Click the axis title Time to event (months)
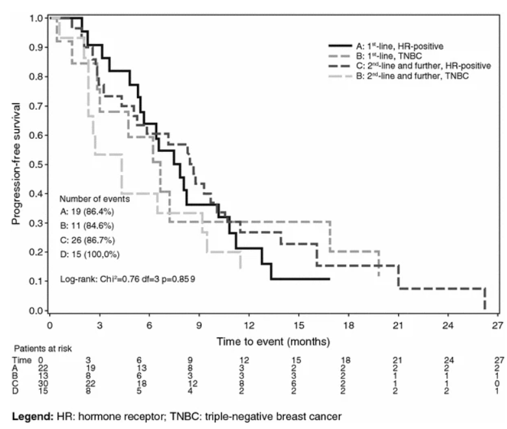click(273, 341)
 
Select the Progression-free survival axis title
click(16, 164)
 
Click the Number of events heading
click(95, 199)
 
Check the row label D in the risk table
click(16, 391)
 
